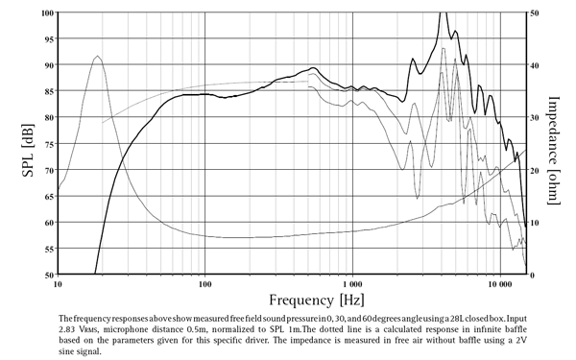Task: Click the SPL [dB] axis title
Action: (x=18, y=144)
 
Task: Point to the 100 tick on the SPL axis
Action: (x=47, y=13)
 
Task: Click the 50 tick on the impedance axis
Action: (x=535, y=13)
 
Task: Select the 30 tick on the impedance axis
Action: (x=535, y=118)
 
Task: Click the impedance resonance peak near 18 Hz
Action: (x=97, y=57)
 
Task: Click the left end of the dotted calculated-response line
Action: (x=104, y=123)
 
